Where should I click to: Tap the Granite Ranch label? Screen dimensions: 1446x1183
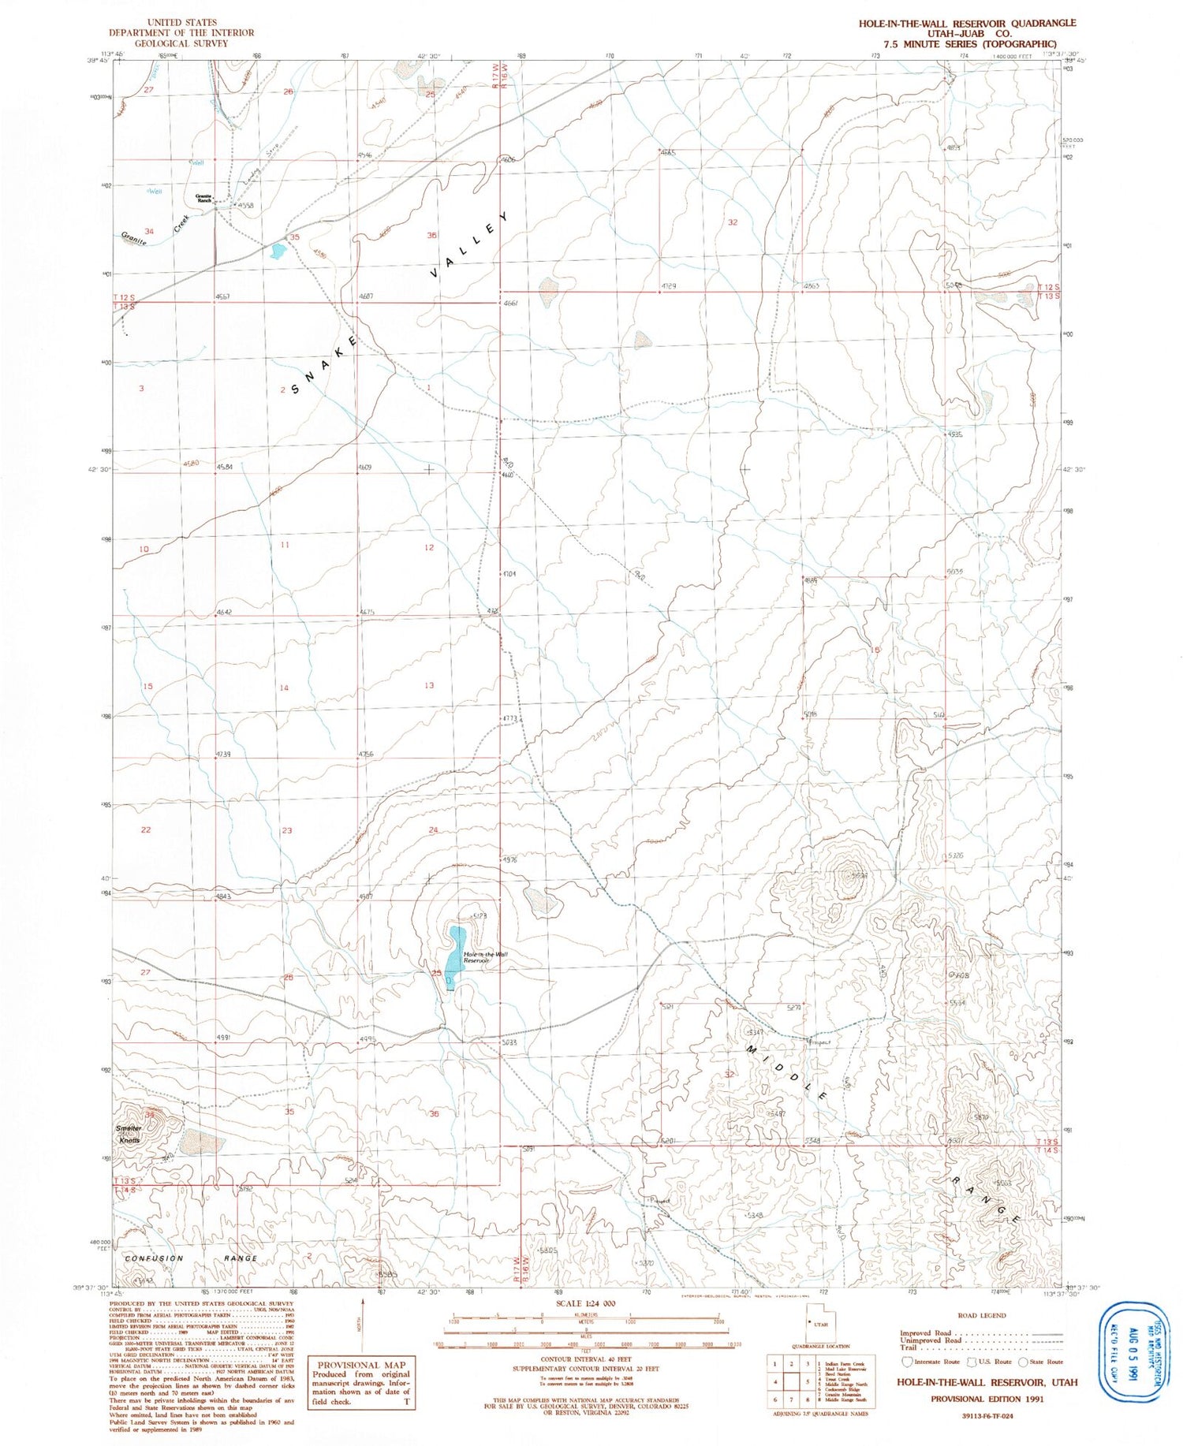click(204, 199)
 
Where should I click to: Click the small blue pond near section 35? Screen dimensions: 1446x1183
click(276, 252)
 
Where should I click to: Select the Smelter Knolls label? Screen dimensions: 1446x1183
click(129, 1134)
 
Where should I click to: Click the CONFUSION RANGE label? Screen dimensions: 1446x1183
click(191, 1258)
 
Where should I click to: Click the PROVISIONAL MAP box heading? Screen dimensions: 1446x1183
click(360, 1365)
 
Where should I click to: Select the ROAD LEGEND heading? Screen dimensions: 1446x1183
click(981, 1315)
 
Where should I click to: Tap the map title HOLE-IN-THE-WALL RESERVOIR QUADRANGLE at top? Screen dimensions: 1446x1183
click(967, 23)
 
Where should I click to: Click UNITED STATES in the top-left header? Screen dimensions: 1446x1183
click(181, 22)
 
